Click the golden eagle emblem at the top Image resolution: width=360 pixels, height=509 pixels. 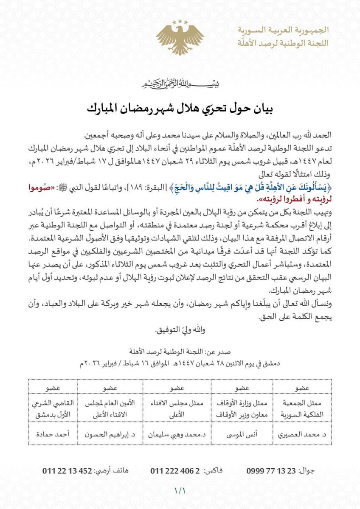click(x=180, y=36)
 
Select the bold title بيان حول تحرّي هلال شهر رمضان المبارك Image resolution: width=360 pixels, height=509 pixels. click(x=180, y=107)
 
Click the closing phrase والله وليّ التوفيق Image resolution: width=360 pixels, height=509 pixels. click(x=180, y=329)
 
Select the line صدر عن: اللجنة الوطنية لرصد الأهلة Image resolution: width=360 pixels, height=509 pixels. click(x=180, y=352)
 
